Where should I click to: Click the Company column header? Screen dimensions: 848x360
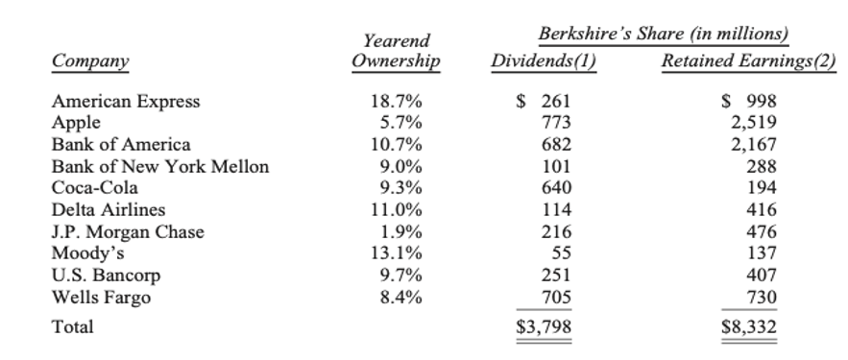click(x=91, y=61)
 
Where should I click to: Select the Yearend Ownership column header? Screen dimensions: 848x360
click(x=396, y=52)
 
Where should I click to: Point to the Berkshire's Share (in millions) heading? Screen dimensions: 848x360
click(x=664, y=35)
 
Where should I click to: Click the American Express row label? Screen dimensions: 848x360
click(x=126, y=102)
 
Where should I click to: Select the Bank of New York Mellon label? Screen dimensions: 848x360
click(x=160, y=167)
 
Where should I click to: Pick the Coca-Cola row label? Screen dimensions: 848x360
click(x=97, y=188)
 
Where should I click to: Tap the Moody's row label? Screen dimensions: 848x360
click(x=89, y=253)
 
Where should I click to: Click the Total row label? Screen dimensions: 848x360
click(x=73, y=327)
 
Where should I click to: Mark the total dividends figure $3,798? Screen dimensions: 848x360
click(x=545, y=328)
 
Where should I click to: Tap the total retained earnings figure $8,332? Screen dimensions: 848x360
click(x=749, y=328)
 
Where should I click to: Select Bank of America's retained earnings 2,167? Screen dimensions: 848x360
click(x=755, y=145)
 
